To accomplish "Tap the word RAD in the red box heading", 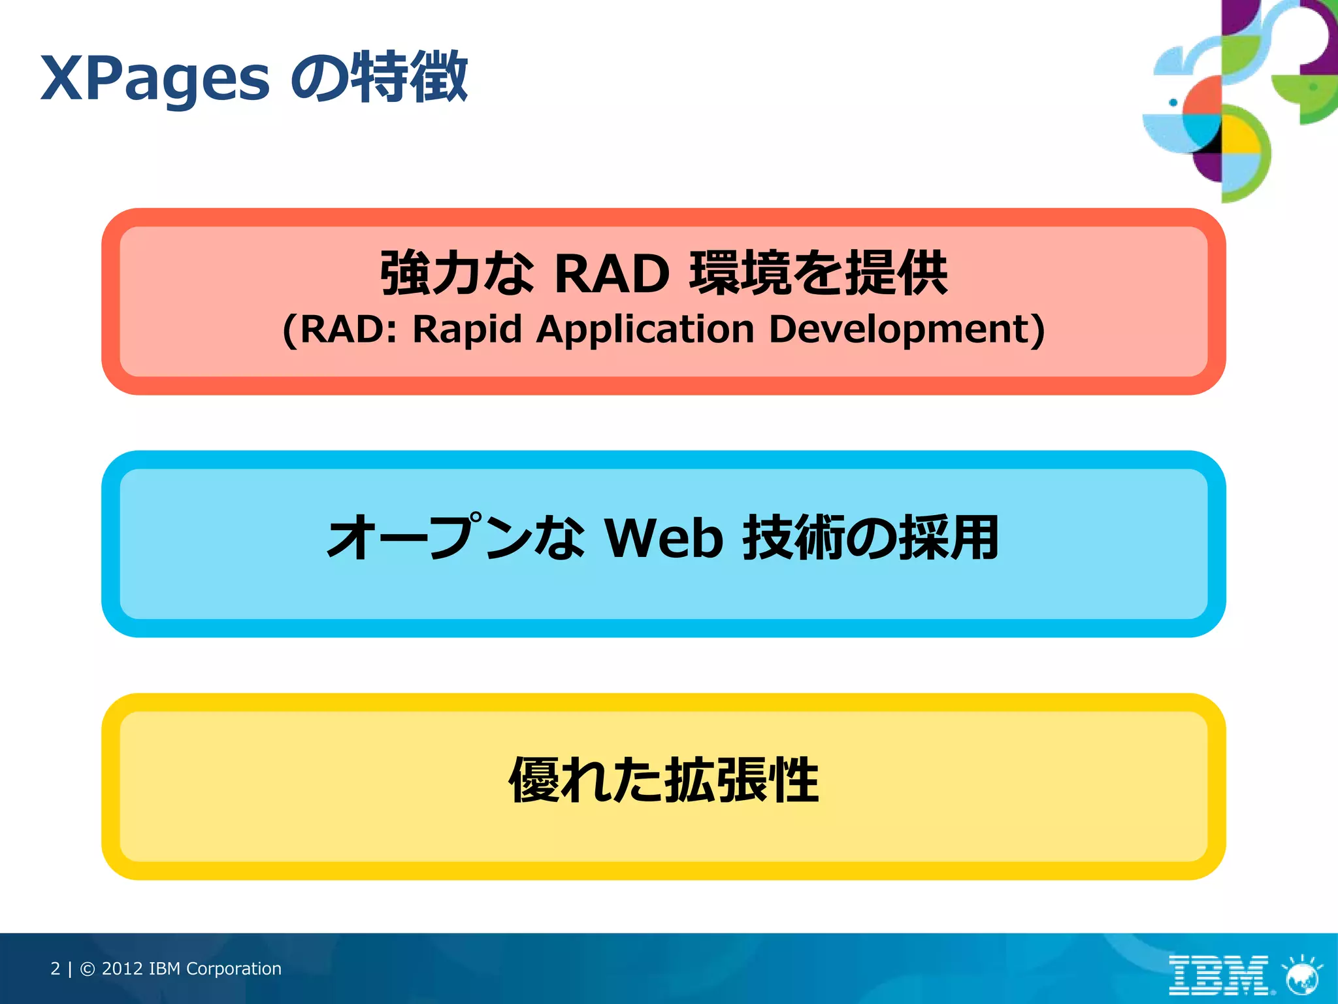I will coord(612,273).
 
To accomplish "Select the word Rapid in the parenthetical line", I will coord(466,329).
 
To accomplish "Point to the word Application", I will coord(645,329).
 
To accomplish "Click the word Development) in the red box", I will coord(906,329).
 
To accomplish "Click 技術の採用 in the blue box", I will coord(870,538).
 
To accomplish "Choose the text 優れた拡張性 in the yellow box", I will coord(664,780).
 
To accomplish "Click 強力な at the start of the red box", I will coord(457,273).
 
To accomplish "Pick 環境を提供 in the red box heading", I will coord(818,273).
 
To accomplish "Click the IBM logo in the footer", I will coord(1218,975).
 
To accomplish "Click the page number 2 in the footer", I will coord(55,969).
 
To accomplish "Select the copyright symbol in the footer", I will coord(88,969).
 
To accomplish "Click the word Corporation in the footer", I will coord(233,969).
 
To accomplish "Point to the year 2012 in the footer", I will coord(122,969).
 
